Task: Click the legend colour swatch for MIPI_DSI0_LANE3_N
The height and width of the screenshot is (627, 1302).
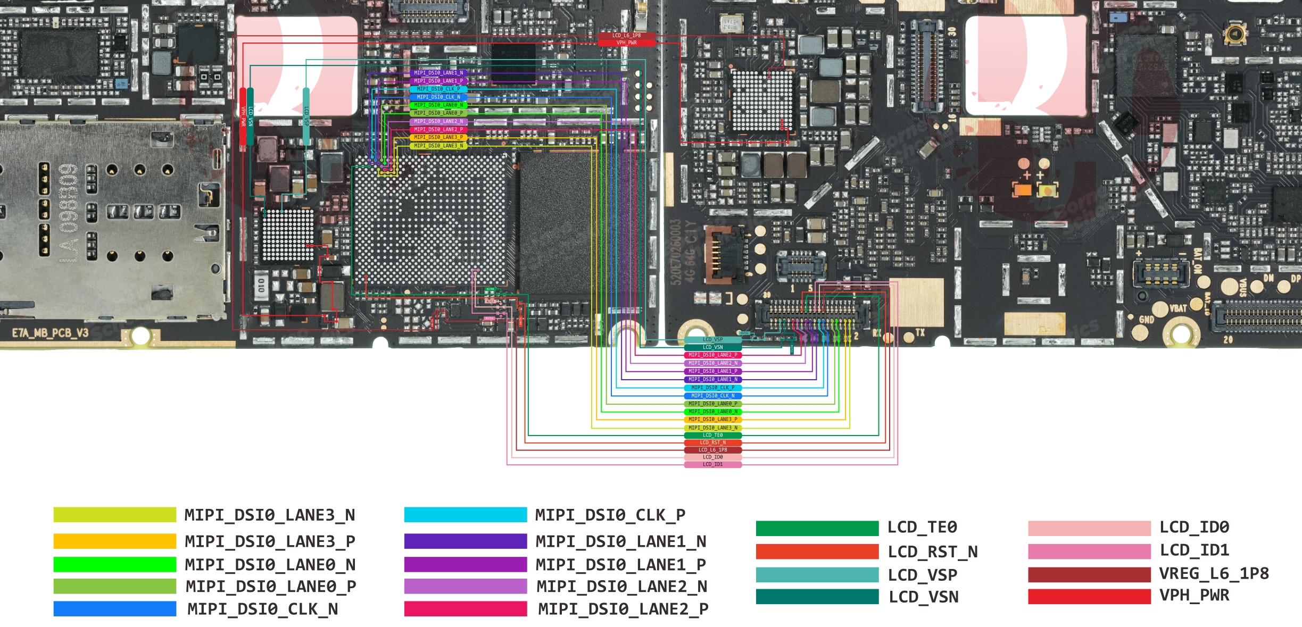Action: [114, 515]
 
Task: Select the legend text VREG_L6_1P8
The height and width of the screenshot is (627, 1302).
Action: [1214, 573]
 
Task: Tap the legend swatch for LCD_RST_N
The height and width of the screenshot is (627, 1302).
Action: [817, 551]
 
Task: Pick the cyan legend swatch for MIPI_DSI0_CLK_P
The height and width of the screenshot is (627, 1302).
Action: [465, 515]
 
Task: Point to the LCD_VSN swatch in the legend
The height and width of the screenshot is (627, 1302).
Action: [817, 597]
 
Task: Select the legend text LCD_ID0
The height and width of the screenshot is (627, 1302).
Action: [1194, 527]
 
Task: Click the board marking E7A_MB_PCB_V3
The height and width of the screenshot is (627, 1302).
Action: [50, 333]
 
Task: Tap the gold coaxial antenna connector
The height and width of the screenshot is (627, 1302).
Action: [1235, 35]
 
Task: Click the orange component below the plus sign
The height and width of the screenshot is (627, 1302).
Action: [1022, 189]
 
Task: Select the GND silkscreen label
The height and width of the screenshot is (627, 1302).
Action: [1146, 320]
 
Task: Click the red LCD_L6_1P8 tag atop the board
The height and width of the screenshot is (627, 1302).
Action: [626, 36]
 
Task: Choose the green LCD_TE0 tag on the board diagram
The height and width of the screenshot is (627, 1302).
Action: [712, 435]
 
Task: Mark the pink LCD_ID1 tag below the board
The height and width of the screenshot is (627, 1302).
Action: [712, 464]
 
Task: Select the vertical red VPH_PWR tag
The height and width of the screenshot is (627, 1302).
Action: [243, 116]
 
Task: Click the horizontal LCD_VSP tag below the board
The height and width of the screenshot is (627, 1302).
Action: [712, 339]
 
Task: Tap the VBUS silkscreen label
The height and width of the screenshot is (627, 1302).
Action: [1243, 288]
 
